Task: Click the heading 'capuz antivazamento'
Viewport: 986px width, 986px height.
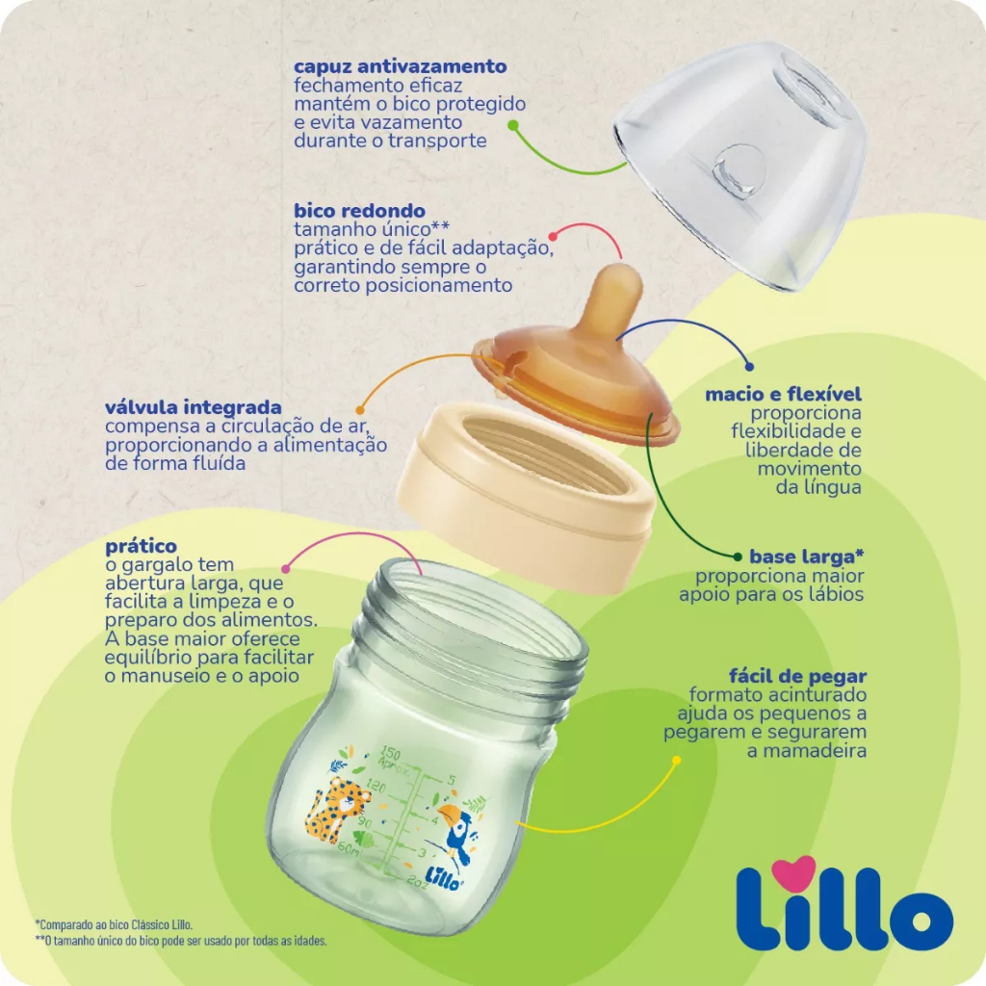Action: (400, 66)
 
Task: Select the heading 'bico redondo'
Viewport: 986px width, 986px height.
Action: (360, 211)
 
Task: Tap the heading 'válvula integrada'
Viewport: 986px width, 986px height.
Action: (193, 407)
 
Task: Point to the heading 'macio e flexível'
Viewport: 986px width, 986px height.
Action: (783, 394)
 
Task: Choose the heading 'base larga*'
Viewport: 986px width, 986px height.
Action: (806, 557)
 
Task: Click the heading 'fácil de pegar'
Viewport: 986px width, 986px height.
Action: (797, 677)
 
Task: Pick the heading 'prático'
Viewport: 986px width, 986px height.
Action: (141, 547)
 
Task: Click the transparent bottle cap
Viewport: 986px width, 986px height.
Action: (740, 166)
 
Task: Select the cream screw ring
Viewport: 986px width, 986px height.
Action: (526, 497)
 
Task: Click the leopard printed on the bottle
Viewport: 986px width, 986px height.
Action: (336, 809)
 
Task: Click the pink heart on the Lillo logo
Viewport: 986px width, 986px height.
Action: (793, 872)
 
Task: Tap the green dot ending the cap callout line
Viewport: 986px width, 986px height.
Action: (513, 125)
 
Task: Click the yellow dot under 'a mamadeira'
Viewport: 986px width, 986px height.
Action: (677, 761)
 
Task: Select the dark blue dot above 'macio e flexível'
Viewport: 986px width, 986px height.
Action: (749, 367)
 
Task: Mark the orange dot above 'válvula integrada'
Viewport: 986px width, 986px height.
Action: (360, 410)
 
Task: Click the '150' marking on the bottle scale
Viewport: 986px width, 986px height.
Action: (391, 753)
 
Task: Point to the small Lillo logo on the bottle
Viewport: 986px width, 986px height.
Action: (444, 878)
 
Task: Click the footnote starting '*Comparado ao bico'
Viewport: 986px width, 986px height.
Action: (114, 924)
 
